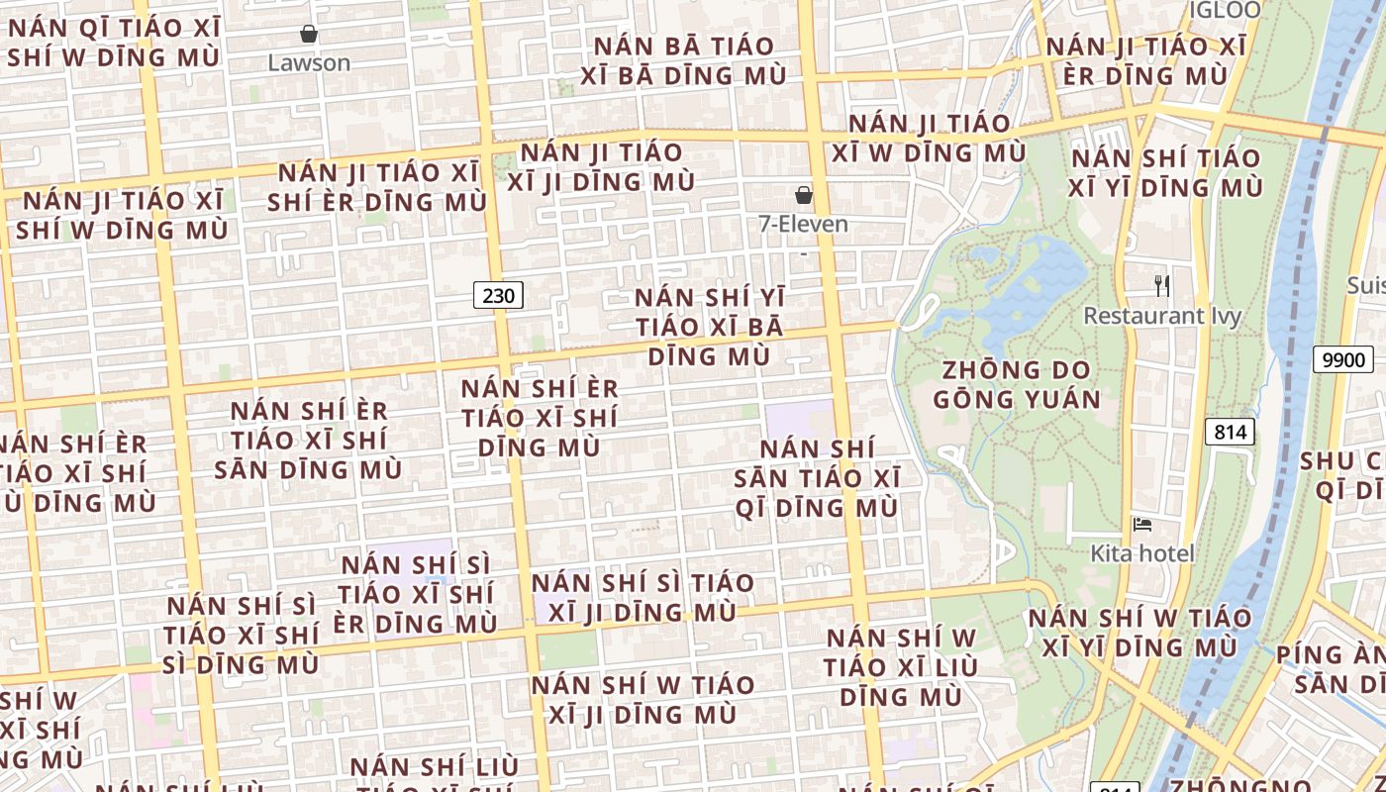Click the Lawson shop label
[x=309, y=63]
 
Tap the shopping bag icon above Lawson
[x=309, y=35]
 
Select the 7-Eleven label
[x=803, y=225]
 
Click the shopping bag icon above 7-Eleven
[x=804, y=195]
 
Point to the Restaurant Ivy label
[x=1162, y=316]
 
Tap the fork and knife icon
[x=1162, y=286]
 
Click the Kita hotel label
[x=1142, y=553]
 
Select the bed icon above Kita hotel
[x=1142, y=525]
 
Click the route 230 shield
[x=498, y=295]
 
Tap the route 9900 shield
[x=1342, y=359]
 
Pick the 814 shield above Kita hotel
[x=1230, y=432]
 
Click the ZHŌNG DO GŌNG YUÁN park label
[x=1017, y=385]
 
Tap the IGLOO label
[x=1225, y=11]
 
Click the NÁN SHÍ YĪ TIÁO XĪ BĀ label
[x=709, y=327]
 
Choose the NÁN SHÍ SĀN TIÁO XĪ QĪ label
[x=817, y=478]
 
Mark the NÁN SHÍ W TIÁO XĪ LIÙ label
[x=900, y=666]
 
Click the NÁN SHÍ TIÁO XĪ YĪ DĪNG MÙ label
[x=1166, y=172]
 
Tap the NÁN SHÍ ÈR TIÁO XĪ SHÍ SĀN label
[x=308, y=440]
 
